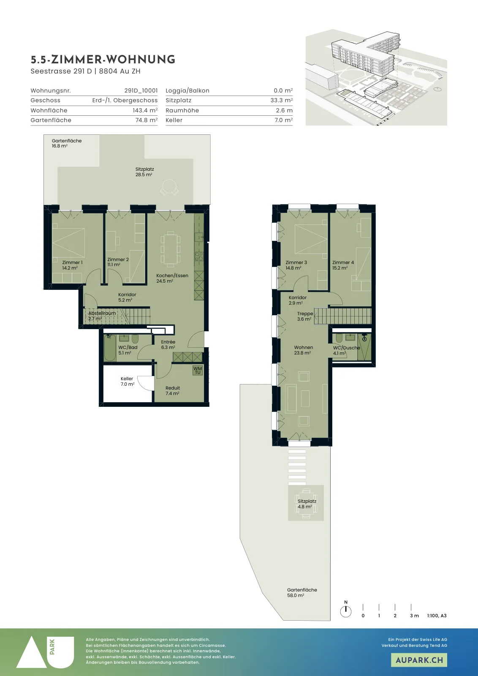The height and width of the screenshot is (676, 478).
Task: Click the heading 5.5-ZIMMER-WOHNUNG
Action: (103, 60)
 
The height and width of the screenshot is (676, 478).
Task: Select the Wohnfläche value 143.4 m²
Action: (145, 110)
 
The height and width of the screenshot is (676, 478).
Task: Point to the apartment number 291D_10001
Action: (141, 90)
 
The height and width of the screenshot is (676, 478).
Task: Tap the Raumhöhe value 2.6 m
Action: (284, 110)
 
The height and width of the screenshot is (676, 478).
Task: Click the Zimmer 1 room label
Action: (72, 265)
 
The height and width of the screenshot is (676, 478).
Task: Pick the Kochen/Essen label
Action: (172, 278)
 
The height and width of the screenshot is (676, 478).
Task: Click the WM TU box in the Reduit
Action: (198, 370)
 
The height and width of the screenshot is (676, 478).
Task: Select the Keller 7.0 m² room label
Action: (127, 381)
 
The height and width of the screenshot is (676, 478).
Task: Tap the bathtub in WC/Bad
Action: (110, 348)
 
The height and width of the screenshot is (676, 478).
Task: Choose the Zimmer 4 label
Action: (343, 265)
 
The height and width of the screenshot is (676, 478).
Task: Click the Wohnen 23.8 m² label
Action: (303, 350)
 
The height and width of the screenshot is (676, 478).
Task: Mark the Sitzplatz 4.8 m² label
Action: (307, 504)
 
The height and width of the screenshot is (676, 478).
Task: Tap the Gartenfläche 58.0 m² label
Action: (302, 592)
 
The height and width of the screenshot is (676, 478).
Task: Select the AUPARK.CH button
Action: (419, 660)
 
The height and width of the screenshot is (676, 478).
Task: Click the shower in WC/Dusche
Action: (364, 347)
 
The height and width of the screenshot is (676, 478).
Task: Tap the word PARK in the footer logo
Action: (52, 647)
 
